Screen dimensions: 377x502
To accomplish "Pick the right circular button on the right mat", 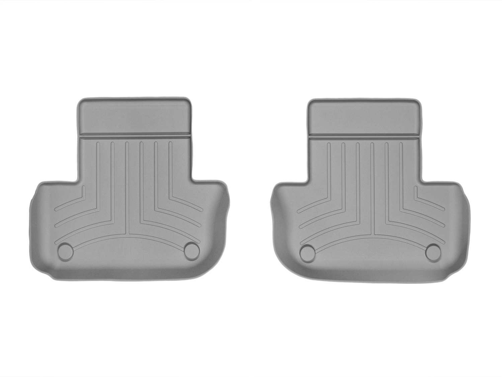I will (x=433, y=252).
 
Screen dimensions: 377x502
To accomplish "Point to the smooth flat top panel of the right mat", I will (x=365, y=116).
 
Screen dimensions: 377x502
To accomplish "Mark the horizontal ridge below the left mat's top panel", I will (x=135, y=136).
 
